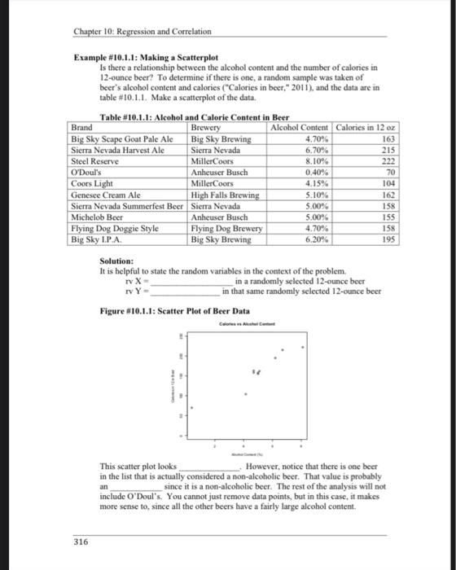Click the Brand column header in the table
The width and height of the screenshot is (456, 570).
click(82, 128)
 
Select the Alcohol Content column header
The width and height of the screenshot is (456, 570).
click(300, 128)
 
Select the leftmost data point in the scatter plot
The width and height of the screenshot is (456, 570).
click(192, 407)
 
